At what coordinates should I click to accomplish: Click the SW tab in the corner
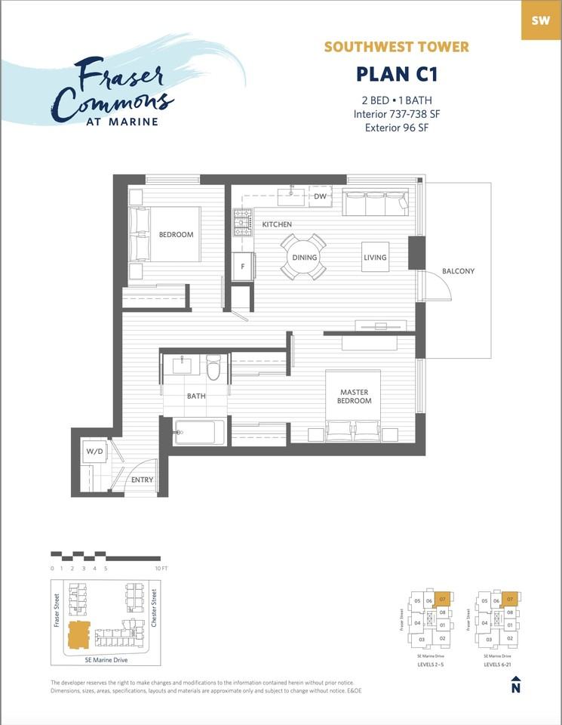pyautogui.click(x=540, y=20)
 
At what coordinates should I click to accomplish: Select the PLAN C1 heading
pyautogui.click(x=396, y=75)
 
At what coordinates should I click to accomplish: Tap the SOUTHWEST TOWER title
pyautogui.click(x=396, y=47)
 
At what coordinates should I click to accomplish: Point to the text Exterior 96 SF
pyautogui.click(x=396, y=127)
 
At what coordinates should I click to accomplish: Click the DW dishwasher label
pyautogui.click(x=320, y=196)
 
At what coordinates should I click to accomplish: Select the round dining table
pyautogui.click(x=304, y=257)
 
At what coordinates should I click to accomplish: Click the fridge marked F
pyautogui.click(x=243, y=267)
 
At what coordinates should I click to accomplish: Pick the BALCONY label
pyautogui.click(x=459, y=271)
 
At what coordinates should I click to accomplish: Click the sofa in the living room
pyautogui.click(x=375, y=202)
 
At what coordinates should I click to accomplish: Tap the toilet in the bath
pyautogui.click(x=213, y=368)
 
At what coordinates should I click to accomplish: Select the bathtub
pyautogui.click(x=199, y=433)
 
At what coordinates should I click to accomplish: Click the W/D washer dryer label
pyautogui.click(x=94, y=452)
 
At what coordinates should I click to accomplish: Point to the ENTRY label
pyautogui.click(x=142, y=480)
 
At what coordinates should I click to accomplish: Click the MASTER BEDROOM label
pyautogui.click(x=355, y=396)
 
